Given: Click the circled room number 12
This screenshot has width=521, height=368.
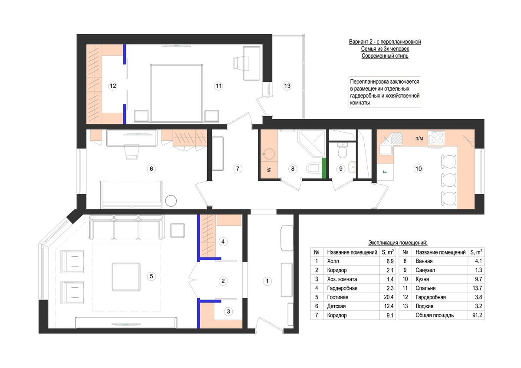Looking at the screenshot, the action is coord(113,86).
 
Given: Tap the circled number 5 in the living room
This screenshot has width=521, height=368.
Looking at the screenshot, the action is coord(152,276).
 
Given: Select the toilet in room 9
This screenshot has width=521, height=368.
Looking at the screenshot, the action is coord(342,150).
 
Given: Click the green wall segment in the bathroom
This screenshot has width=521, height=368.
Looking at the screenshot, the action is coord(324,168).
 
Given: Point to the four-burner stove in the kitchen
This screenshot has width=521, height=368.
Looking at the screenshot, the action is coord(436,138).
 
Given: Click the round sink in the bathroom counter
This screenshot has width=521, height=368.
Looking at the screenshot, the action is coord(269,154).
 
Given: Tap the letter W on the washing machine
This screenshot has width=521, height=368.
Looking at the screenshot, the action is coord(269,170).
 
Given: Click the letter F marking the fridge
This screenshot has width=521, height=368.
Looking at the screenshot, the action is coord(385,172).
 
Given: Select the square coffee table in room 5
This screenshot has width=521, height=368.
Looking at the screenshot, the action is coord(126,277).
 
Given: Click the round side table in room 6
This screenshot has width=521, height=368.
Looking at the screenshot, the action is coord(171,201).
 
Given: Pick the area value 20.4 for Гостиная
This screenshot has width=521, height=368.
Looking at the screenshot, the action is coord(389,297).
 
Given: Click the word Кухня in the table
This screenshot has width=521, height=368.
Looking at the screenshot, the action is coord(422,279).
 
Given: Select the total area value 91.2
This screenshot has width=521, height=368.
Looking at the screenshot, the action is coord(477,315).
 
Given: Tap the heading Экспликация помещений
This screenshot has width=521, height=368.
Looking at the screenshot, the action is coord(398,243).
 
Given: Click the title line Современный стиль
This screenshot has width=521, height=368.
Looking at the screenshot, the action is coord(385,56).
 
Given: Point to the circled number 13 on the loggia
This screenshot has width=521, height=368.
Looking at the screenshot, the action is coord(287,86).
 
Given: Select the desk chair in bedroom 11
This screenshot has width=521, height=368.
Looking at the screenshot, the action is coord(238,63).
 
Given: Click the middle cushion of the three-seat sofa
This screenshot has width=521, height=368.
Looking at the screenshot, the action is coord(126,227).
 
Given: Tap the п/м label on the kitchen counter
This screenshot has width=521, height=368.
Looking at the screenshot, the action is coord(419,138).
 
